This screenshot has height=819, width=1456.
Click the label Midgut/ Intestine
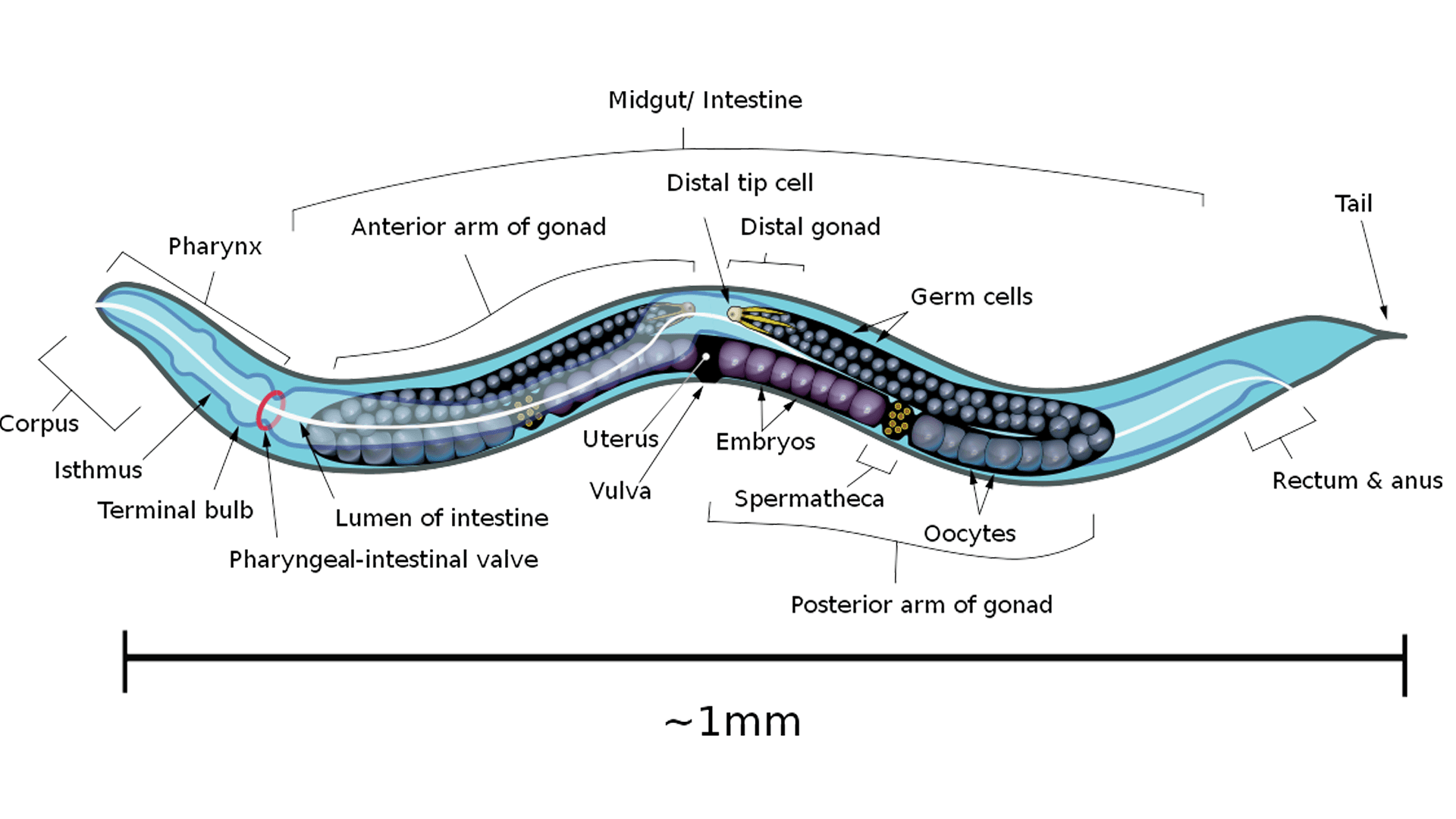704,100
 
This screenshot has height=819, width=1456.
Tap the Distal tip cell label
739,183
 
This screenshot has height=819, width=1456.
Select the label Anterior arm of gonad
479,227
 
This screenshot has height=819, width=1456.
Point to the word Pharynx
215,246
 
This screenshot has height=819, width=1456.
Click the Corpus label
39,424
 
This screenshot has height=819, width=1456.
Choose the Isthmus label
98,470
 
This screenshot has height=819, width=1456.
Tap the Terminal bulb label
175,510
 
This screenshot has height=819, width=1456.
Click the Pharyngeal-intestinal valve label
384,560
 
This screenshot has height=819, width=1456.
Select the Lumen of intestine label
441,518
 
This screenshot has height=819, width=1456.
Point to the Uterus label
620,439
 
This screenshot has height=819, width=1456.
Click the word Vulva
620,491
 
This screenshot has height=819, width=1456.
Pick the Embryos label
765,441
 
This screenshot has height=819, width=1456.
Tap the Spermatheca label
808,499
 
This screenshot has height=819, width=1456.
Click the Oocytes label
969,534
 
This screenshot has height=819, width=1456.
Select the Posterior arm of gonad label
921,605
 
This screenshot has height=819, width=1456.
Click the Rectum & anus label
1357,481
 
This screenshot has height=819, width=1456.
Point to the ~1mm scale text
733,722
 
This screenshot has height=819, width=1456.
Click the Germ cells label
971,297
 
